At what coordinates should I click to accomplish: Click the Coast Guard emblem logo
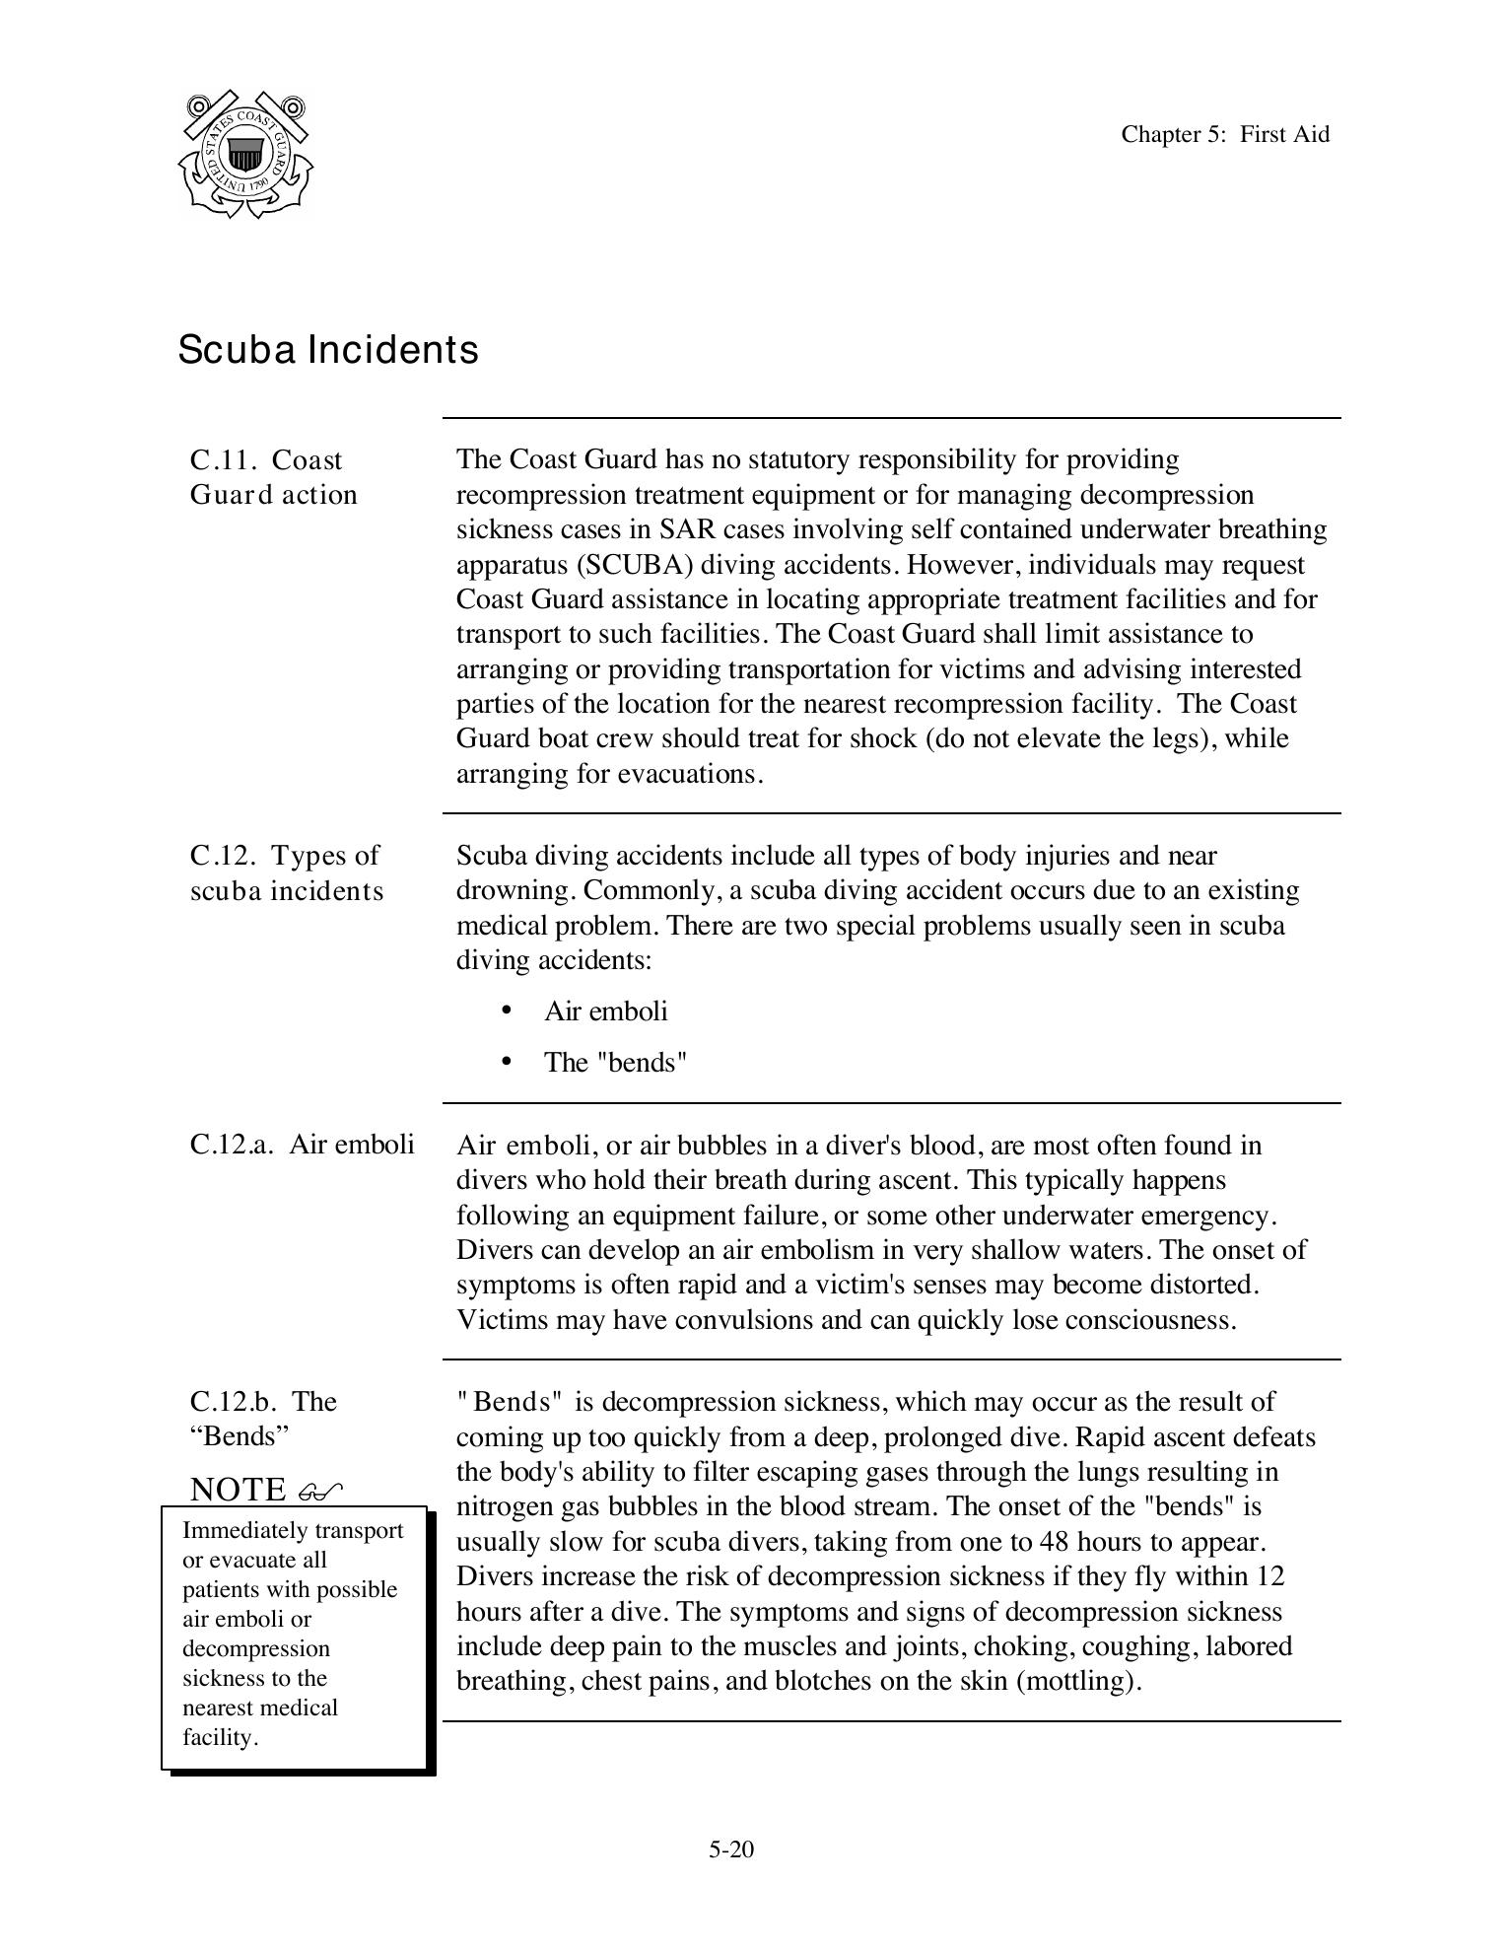245,155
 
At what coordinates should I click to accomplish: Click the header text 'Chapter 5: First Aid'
1224,134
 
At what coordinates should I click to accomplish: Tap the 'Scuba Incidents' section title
328,350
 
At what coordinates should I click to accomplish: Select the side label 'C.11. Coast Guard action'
273,477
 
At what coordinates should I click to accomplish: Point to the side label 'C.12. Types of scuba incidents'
286,872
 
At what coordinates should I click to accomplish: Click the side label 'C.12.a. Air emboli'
302,1145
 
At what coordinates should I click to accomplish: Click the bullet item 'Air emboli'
605,1011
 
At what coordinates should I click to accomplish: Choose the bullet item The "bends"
615,1063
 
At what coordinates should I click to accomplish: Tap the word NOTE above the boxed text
237,1490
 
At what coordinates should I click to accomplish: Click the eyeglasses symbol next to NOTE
319,1491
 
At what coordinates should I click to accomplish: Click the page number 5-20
730,1849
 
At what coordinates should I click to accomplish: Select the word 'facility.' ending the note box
220,1737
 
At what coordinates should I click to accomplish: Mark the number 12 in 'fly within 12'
1270,1576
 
